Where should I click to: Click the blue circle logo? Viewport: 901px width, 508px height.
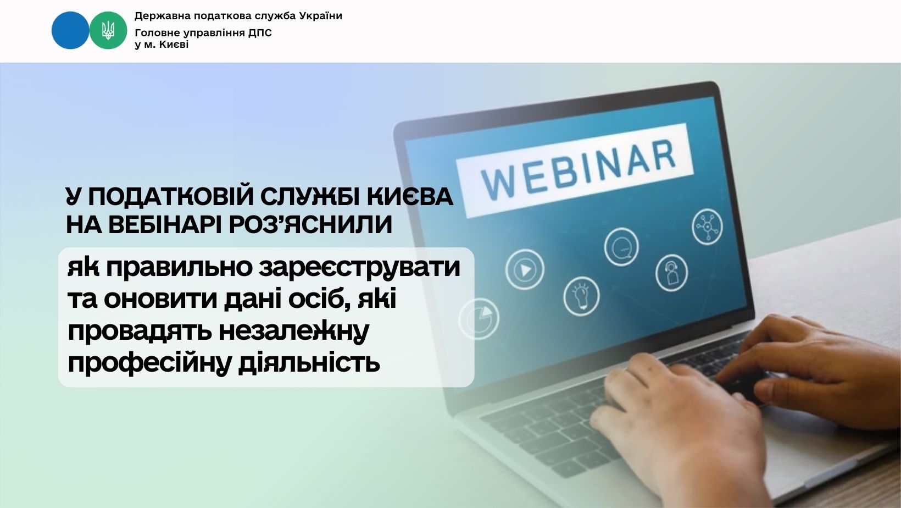click(x=70, y=30)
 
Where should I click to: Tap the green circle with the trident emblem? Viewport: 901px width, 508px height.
click(x=108, y=30)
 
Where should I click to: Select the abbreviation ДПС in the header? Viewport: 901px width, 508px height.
click(x=260, y=32)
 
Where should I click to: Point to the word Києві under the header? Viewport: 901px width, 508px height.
click(x=174, y=45)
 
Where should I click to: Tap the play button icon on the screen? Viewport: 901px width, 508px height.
click(x=525, y=269)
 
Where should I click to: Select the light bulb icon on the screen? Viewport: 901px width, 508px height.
click(x=581, y=296)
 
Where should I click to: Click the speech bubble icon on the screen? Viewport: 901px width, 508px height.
click(x=621, y=247)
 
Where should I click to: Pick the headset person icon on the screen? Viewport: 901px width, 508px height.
click(x=671, y=273)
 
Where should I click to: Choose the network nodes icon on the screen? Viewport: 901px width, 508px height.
click(x=707, y=226)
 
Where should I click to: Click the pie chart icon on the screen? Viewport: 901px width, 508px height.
click(x=479, y=319)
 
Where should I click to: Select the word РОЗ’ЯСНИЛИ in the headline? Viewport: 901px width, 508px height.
click(x=310, y=224)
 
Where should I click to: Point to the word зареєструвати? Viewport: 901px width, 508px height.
click(x=359, y=268)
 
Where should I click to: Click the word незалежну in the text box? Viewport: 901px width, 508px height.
click(x=293, y=332)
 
